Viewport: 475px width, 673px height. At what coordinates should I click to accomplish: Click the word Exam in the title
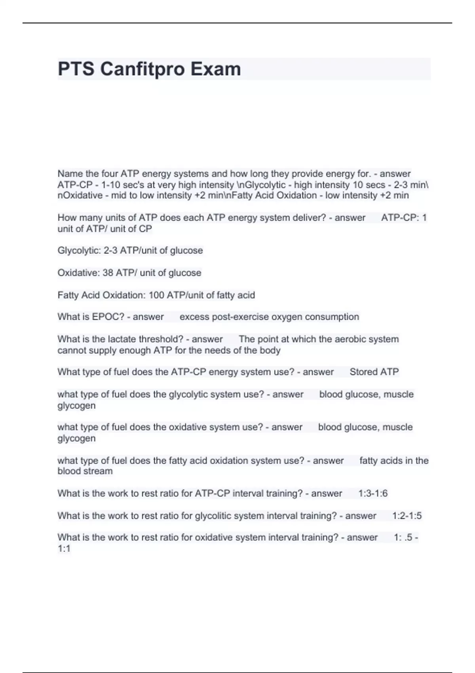coord(216,69)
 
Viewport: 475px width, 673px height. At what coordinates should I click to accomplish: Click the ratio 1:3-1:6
coord(372,493)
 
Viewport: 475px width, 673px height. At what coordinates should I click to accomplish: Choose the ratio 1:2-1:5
coord(407,516)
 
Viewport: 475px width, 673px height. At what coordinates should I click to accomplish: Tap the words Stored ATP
coord(374,372)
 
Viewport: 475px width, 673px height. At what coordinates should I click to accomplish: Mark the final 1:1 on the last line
coord(64,549)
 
